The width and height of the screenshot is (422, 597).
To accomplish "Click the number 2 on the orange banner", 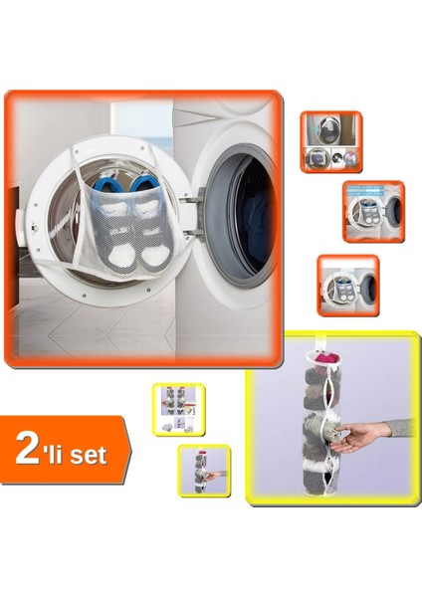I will click(29, 450).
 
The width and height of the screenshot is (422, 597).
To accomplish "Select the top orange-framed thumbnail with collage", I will click(331, 142).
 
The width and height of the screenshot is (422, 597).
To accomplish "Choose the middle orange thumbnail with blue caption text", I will click(373, 211).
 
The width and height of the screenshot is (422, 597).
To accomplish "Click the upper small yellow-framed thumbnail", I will click(178, 408).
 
